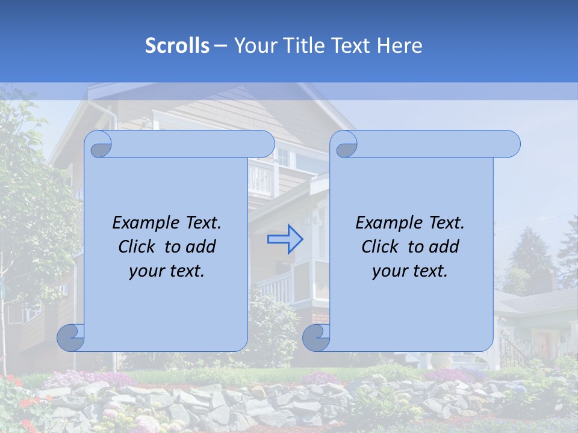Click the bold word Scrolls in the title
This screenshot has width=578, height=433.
point(178,46)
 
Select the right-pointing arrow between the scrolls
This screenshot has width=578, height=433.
point(285,239)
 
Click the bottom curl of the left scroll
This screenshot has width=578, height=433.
point(71,337)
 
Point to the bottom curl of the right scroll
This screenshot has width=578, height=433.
point(316,337)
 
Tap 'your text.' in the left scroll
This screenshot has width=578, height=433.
point(167,271)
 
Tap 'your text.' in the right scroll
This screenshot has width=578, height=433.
point(410,271)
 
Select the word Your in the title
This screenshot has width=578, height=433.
point(256,46)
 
